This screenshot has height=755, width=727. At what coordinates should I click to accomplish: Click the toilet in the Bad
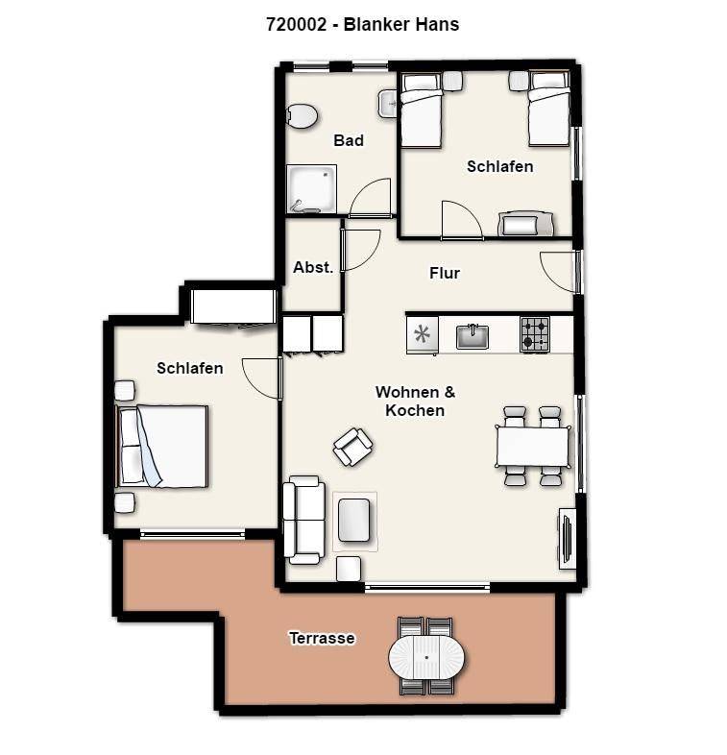[x=302, y=116]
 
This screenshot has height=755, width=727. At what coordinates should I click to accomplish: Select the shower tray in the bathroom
[x=311, y=188]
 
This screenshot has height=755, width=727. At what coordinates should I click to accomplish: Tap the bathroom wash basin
[x=388, y=104]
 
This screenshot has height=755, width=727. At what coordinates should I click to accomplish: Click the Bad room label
[x=349, y=140]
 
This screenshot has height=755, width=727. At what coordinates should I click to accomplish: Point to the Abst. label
[x=313, y=267]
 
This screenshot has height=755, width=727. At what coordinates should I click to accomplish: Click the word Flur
[x=445, y=273]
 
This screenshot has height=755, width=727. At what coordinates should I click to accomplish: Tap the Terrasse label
[x=322, y=638]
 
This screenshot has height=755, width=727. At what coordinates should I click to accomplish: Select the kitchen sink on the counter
[x=472, y=336]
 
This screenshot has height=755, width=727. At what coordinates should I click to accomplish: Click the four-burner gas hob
[x=535, y=334]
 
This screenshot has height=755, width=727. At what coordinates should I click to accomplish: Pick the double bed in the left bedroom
[x=162, y=447]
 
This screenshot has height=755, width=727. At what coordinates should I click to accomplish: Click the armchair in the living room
[x=353, y=447]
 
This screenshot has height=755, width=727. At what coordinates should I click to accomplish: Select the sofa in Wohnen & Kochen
[x=303, y=520]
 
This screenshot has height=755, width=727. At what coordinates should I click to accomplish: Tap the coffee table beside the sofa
[x=354, y=521]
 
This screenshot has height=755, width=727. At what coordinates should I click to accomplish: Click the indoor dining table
[x=533, y=447]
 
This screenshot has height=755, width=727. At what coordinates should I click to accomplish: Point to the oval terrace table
[x=426, y=657]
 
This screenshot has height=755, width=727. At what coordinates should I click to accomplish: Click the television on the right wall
[x=567, y=538]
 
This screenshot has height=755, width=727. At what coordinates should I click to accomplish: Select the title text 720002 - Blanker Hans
[x=362, y=24]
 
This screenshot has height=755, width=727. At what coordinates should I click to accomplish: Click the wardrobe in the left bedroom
[x=234, y=307]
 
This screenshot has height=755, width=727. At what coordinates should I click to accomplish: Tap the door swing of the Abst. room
[x=361, y=250]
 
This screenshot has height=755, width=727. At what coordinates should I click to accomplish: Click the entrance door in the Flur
[x=559, y=272]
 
